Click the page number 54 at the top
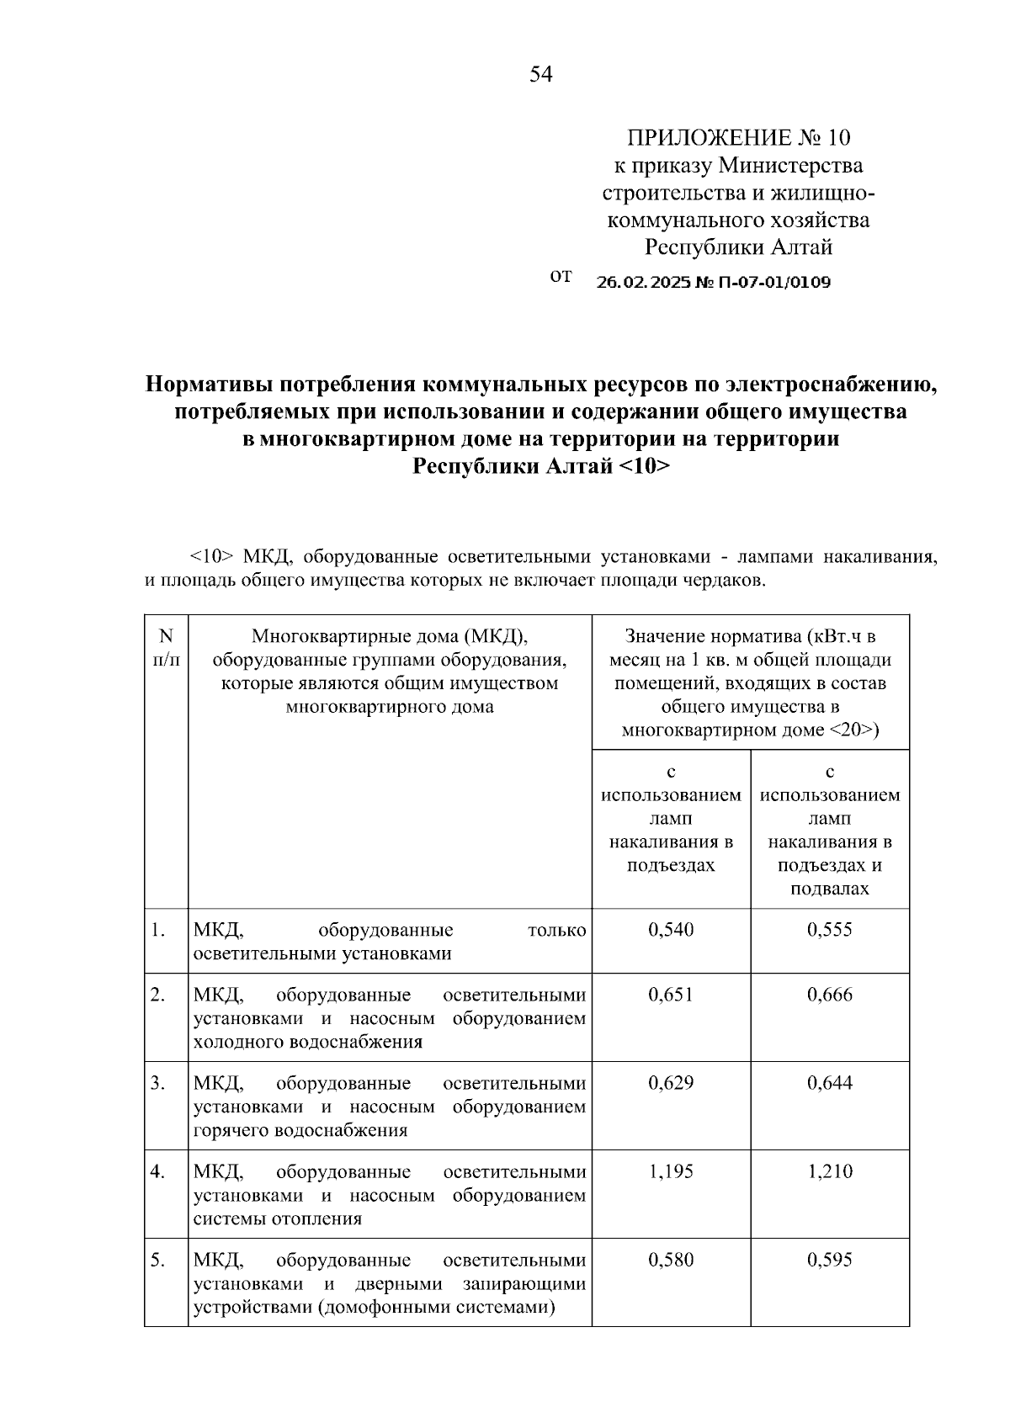click(x=541, y=75)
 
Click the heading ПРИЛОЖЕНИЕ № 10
click(x=739, y=137)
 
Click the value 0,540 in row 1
click(x=671, y=930)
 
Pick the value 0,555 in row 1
click(x=829, y=930)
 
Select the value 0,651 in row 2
click(x=671, y=995)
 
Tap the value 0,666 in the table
click(x=829, y=995)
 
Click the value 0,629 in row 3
click(x=671, y=1083)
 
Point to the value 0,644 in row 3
click(x=829, y=1083)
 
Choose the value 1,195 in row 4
click(x=671, y=1171)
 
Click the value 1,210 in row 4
click(x=829, y=1171)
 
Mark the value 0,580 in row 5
click(x=671, y=1260)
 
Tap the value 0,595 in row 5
click(x=829, y=1260)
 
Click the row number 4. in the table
click(x=158, y=1171)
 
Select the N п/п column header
click(x=166, y=648)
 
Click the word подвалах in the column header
click(x=829, y=889)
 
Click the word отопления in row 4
click(x=316, y=1218)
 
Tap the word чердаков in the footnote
click(x=729, y=581)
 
